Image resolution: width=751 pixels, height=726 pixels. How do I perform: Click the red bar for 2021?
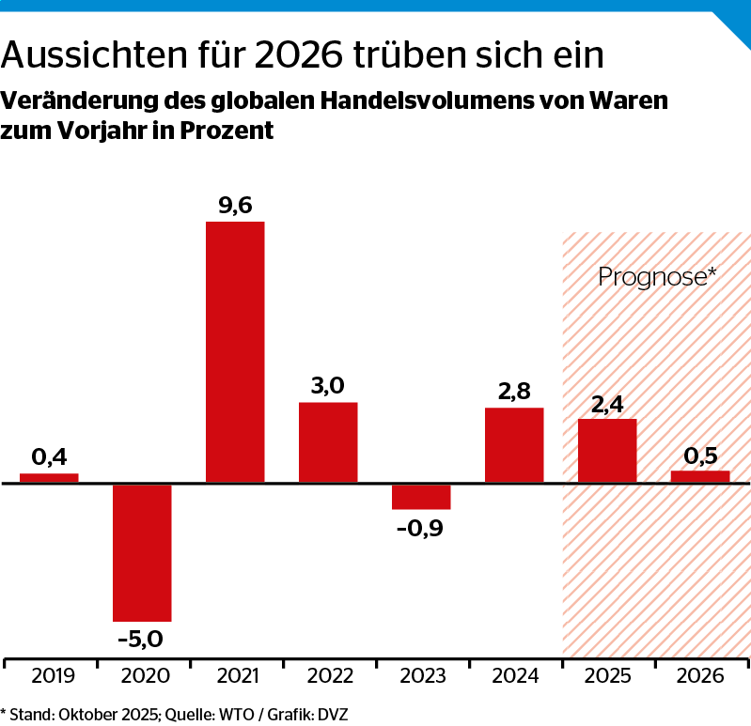[x=235, y=352]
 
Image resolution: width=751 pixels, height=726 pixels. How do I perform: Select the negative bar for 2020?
[x=142, y=552]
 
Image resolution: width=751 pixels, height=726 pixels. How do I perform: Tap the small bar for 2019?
[x=49, y=478]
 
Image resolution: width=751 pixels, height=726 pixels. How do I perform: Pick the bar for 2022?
[x=328, y=442]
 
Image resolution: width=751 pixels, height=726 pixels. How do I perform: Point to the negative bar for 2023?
[x=421, y=497]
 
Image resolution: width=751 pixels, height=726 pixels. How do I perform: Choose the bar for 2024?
[x=514, y=445]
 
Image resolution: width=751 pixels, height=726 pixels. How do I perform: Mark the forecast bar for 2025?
[x=607, y=451]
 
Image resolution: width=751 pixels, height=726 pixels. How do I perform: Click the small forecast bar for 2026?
[x=700, y=477]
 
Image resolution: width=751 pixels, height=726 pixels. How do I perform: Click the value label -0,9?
[x=420, y=527]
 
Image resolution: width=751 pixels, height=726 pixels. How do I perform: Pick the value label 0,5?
[x=700, y=456]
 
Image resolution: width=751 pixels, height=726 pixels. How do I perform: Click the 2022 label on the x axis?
[x=328, y=676]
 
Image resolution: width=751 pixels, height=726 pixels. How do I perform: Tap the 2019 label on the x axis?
[x=49, y=676]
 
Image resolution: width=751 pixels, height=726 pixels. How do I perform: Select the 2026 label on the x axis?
[x=700, y=676]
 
